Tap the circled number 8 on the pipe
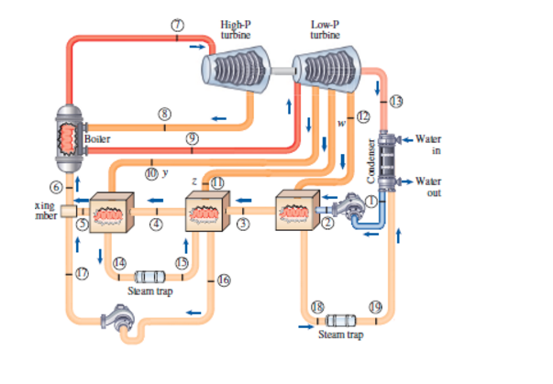click(x=165, y=112)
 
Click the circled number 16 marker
click(x=223, y=280)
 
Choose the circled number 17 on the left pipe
click(x=82, y=272)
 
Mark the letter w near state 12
click(x=341, y=121)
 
